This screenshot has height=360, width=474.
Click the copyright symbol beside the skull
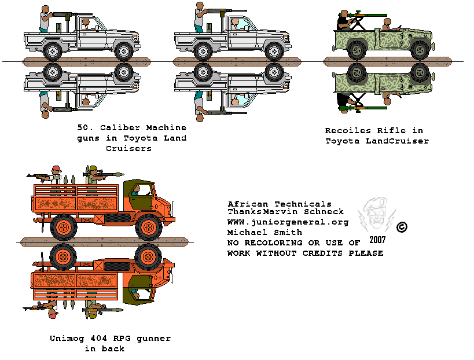pyautogui.click(x=402, y=227)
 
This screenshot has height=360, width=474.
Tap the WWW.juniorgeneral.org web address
pyautogui.click(x=288, y=222)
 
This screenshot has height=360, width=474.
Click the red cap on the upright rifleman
pyautogui.click(x=56, y=169)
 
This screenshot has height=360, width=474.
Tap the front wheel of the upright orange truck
pyautogui.click(x=149, y=226)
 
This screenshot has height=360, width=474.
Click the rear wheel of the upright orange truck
pyautogui.click(x=63, y=226)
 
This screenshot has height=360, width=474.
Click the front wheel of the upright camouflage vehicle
pyautogui.click(x=419, y=50)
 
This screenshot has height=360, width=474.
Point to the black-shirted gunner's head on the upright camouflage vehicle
pyautogui.click(x=344, y=14)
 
